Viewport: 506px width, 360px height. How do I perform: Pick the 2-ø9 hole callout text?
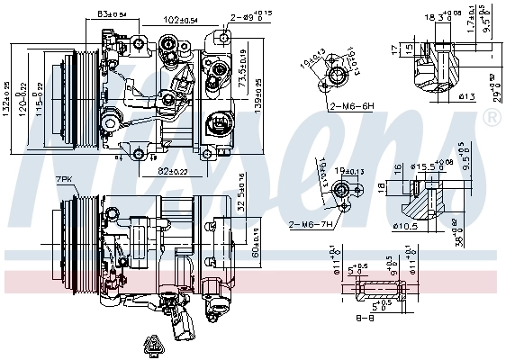(249, 15)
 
